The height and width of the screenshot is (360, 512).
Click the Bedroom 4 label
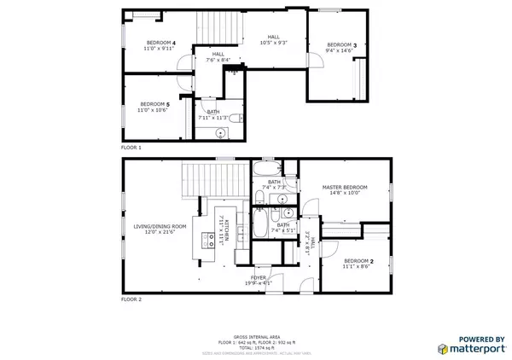(160, 43)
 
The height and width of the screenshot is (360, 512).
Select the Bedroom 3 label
(342, 44)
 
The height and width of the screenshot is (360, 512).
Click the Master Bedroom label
(344, 187)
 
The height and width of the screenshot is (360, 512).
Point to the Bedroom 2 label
(358, 260)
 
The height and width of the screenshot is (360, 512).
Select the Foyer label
(259, 278)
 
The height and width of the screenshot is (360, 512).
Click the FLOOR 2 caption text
(131, 299)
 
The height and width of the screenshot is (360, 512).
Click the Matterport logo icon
(443, 349)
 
